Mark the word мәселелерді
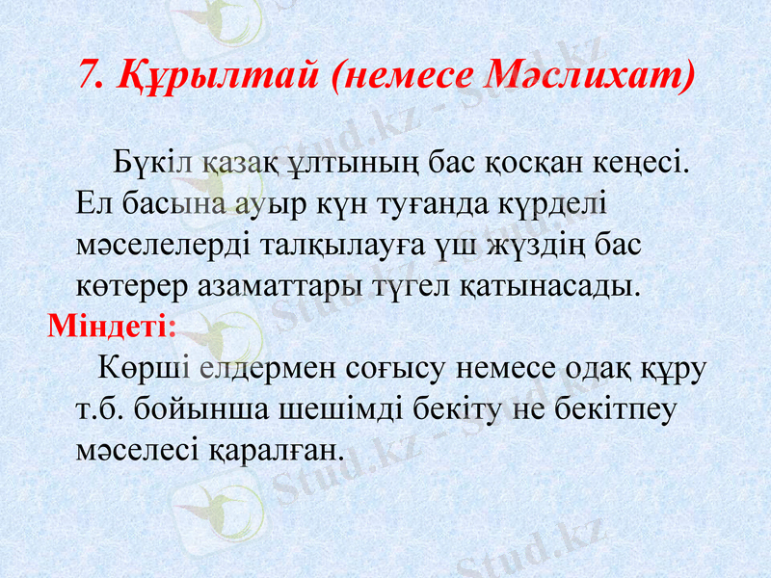(164, 244)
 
